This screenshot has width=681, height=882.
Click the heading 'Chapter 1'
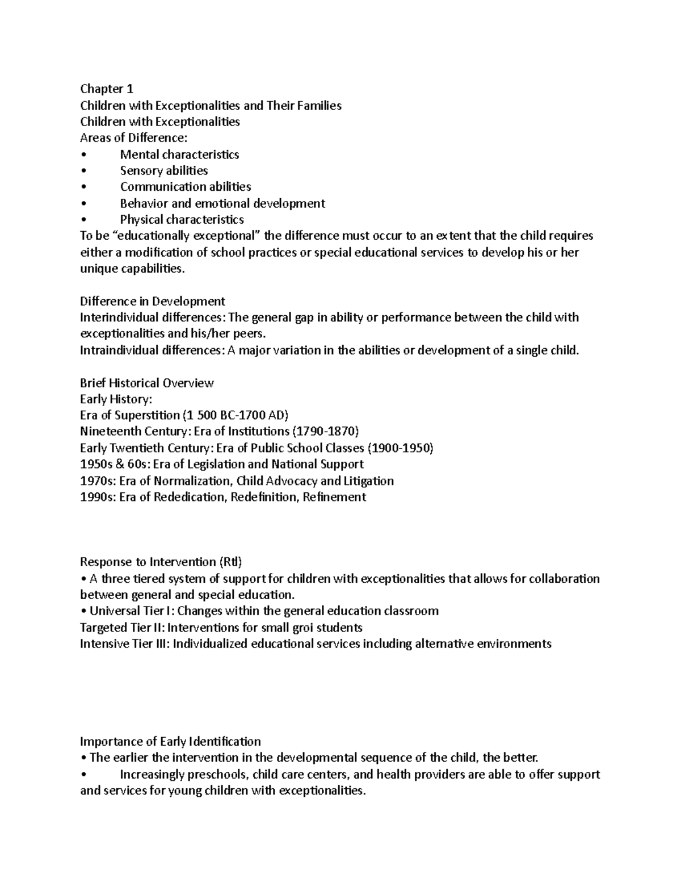tap(106, 89)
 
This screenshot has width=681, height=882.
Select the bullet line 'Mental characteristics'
tap(179, 154)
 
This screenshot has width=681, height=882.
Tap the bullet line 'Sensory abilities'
tap(163, 170)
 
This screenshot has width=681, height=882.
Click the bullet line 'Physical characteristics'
tap(182, 219)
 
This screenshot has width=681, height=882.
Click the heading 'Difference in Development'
tap(153, 301)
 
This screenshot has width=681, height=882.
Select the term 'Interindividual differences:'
tap(153, 317)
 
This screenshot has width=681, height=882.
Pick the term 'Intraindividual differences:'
tap(153, 350)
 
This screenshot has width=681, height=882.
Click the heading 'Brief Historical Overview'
tap(147, 383)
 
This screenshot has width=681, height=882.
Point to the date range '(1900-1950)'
tap(401, 448)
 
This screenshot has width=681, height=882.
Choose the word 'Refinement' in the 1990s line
tap(334, 497)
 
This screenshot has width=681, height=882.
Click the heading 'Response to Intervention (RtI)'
tap(161, 562)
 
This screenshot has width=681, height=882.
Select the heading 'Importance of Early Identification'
tap(170, 742)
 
